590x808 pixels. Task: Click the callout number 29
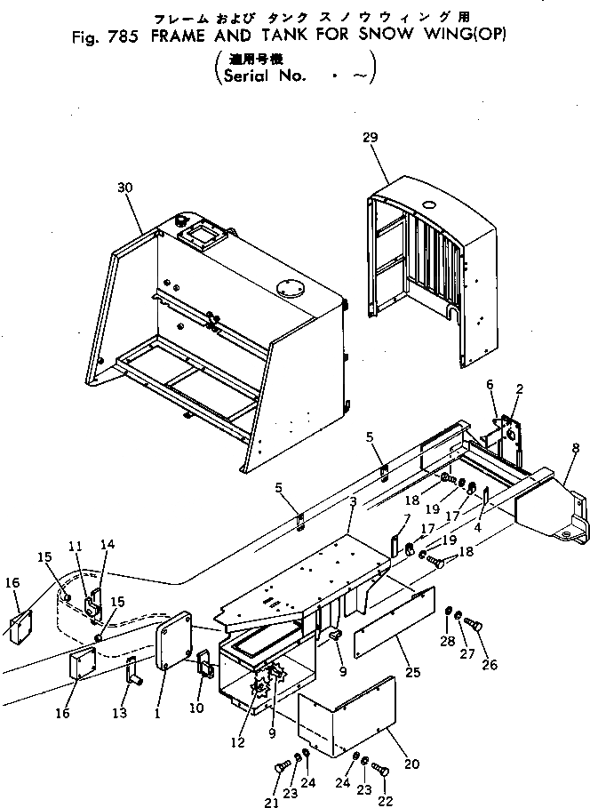371,137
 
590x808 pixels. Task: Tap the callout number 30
124,188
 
